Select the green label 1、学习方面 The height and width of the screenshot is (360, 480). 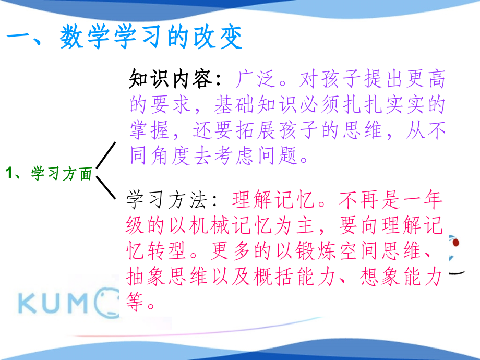coord(50,174)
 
